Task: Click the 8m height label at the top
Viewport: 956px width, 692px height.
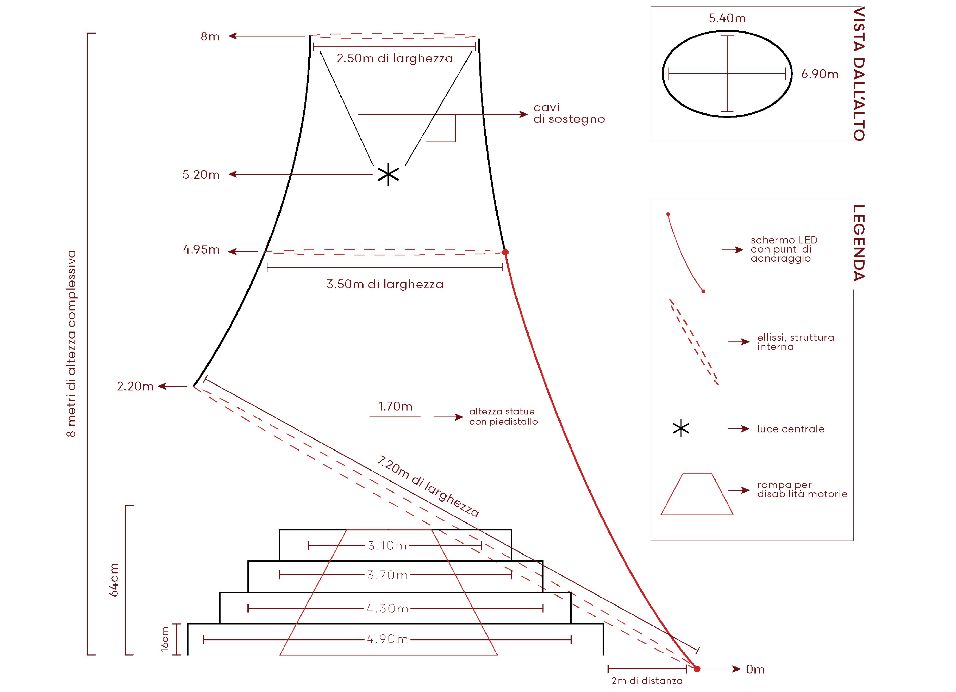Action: (x=210, y=37)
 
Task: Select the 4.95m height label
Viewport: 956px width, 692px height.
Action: (x=201, y=250)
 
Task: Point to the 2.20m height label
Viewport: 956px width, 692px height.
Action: (x=135, y=387)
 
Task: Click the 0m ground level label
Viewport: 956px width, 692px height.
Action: (x=755, y=670)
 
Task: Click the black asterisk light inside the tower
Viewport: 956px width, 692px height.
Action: (x=388, y=175)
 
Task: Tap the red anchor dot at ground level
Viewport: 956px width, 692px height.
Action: (x=697, y=669)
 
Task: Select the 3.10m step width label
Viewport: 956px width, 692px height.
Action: (x=387, y=546)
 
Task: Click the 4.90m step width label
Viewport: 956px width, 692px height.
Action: (x=387, y=640)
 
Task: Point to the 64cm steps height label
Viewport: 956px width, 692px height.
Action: (x=114, y=580)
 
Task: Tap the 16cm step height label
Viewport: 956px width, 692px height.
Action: (x=165, y=639)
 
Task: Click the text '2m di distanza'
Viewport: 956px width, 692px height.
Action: (x=647, y=681)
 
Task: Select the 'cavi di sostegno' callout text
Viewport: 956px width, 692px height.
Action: (x=569, y=113)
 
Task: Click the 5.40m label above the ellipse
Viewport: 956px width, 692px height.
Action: (x=727, y=18)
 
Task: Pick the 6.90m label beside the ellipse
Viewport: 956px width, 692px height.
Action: (x=820, y=74)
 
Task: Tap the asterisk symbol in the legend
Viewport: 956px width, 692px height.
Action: (x=681, y=429)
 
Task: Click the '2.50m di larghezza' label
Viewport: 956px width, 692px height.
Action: (x=395, y=58)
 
